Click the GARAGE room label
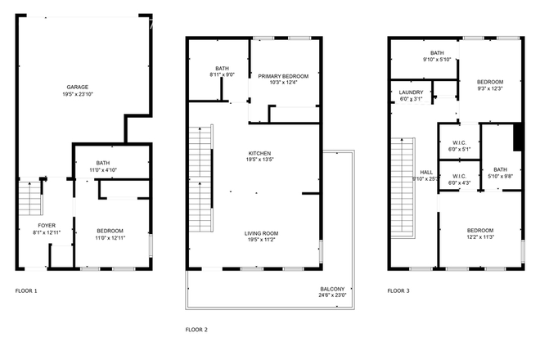[x=78, y=88]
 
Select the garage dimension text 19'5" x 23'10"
[x=78, y=95]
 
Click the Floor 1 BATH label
[x=103, y=163]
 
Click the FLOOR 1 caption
[x=26, y=290]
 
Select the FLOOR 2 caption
[x=196, y=329]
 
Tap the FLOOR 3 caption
[x=398, y=290]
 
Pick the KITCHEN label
[x=259, y=153]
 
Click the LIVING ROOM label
[x=259, y=233]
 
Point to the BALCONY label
[x=332, y=289]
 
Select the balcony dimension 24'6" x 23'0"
[x=332, y=296]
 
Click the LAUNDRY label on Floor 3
[x=411, y=92]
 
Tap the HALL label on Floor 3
[x=426, y=172]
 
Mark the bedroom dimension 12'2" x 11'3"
[x=480, y=237]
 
